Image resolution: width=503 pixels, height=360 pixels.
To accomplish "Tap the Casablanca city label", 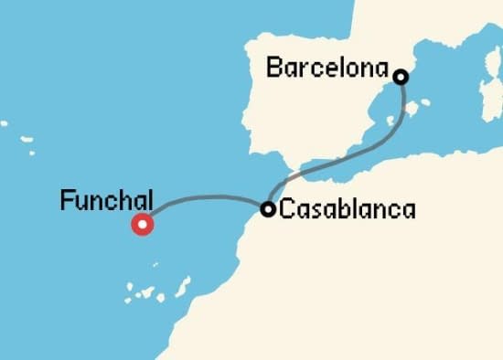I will pyautogui.click(x=347, y=209).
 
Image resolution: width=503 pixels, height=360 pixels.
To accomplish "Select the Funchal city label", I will pyautogui.click(x=105, y=200).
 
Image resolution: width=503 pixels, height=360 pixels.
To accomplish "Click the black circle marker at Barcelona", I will pyautogui.click(x=400, y=77).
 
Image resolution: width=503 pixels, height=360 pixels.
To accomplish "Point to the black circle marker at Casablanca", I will pyautogui.click(x=268, y=209).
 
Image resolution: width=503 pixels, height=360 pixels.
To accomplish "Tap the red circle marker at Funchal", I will pyautogui.click(x=142, y=224).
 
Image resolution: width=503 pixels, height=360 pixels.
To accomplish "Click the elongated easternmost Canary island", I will pyautogui.click(x=183, y=287).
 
